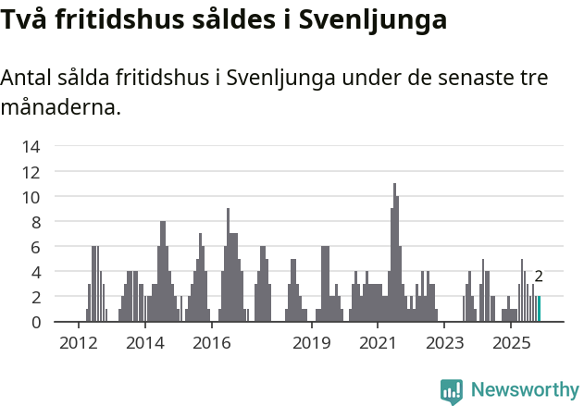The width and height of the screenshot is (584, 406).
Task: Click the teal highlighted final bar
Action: pyautogui.click(x=539, y=309)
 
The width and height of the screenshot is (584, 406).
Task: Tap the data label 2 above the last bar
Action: pyautogui.click(x=539, y=276)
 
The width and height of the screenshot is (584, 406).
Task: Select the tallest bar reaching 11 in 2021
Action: pyautogui.click(x=394, y=252)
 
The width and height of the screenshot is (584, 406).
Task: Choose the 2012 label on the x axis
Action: pyautogui.click(x=78, y=344)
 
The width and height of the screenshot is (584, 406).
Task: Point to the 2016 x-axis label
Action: pyautogui.click(x=211, y=344)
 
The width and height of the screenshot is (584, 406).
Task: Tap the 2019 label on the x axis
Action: pyautogui.click(x=312, y=344)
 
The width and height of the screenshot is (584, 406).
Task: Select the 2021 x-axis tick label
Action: pyautogui.click(x=378, y=344)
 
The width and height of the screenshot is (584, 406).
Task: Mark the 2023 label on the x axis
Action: pyautogui.click(x=444, y=344)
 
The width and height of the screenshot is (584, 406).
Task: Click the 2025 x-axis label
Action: pyautogui.click(x=511, y=344)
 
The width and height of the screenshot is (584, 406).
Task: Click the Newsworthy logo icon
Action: pyautogui.click(x=452, y=390)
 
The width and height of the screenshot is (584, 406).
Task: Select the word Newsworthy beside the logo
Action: pyautogui.click(x=524, y=390)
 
